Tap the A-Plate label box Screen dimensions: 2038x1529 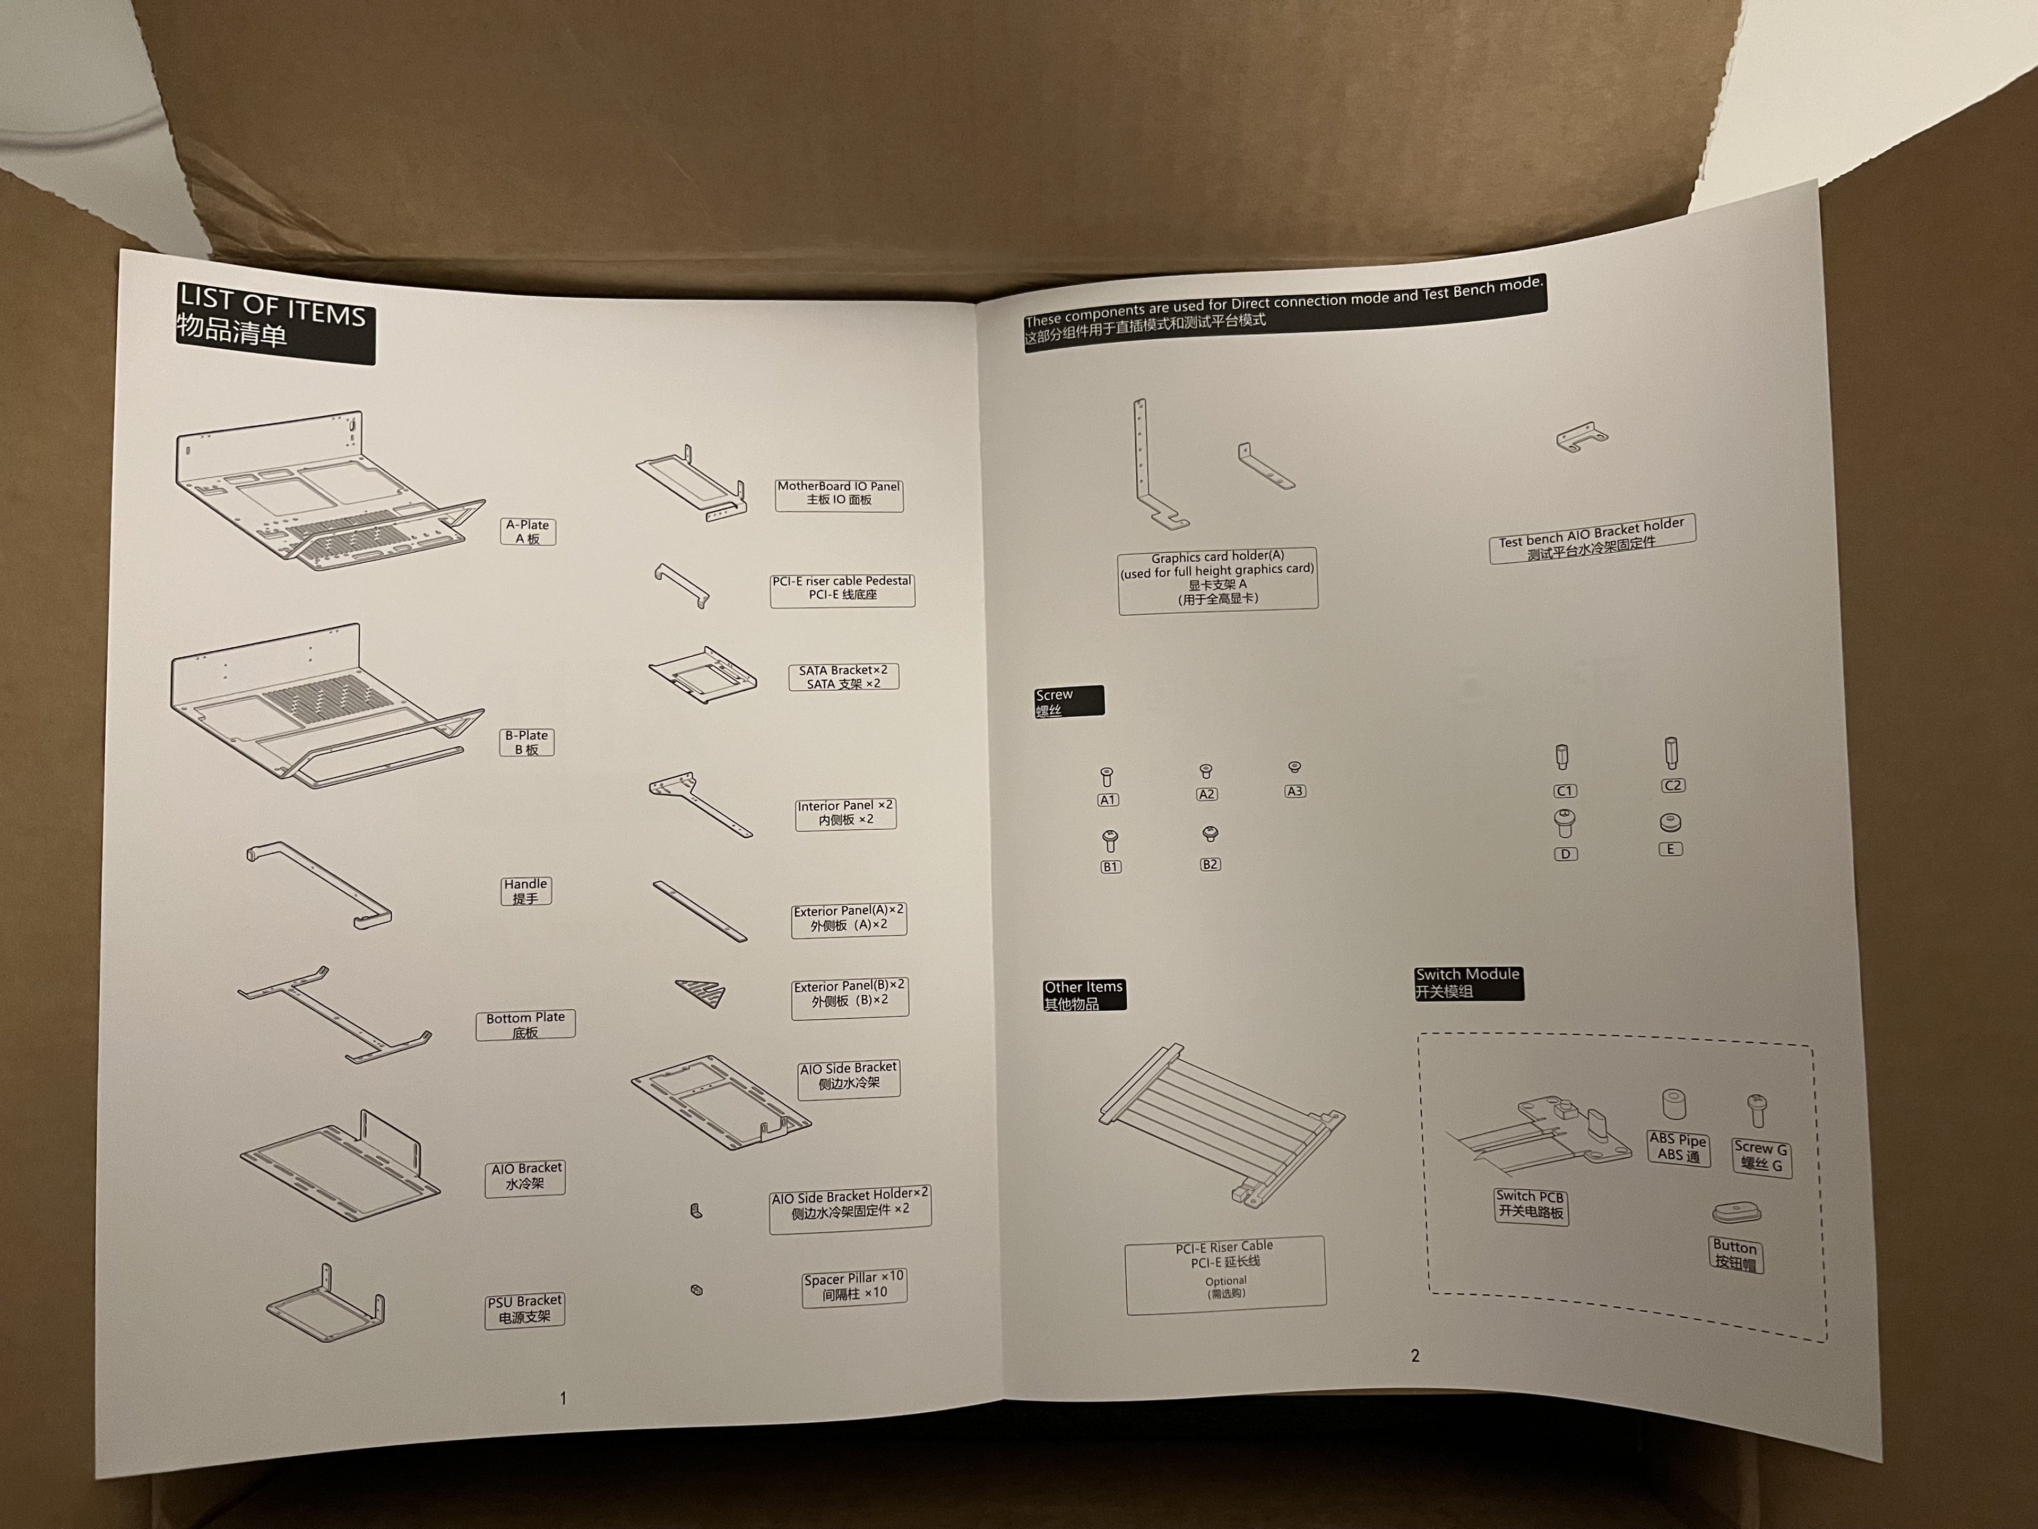528,532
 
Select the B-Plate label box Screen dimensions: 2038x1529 527,742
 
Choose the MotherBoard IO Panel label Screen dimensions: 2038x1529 839,494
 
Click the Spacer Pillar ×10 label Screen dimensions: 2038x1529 854,1286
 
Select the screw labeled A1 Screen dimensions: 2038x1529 1107,777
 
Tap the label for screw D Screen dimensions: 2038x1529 1565,854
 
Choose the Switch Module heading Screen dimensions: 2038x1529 1469,983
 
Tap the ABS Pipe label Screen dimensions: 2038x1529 1678,1147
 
